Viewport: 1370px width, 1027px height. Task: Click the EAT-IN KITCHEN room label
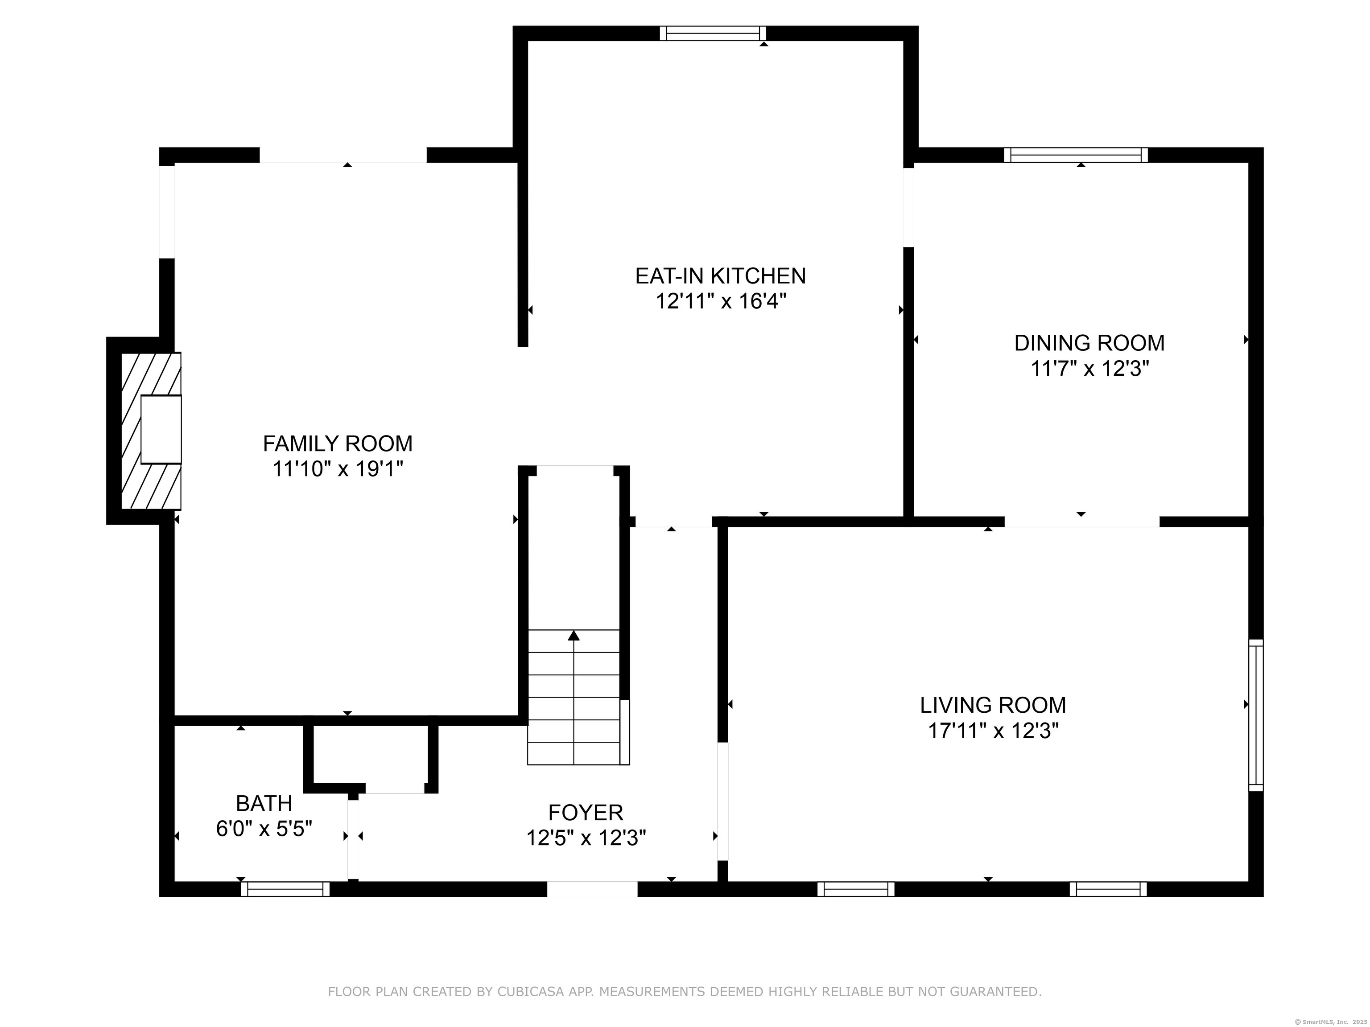pyautogui.click(x=720, y=275)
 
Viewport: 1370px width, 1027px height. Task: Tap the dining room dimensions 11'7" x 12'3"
pyautogui.click(x=1089, y=369)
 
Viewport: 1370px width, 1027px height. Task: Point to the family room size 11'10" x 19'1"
pyautogui.click(x=338, y=469)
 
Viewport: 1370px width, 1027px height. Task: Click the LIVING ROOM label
pyautogui.click(x=993, y=705)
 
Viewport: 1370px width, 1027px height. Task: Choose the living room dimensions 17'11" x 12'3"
pyautogui.click(x=993, y=731)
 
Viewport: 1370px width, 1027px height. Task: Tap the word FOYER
pyautogui.click(x=585, y=812)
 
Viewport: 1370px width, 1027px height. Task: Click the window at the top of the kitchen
pyautogui.click(x=712, y=33)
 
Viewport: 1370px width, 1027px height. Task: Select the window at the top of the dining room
pyautogui.click(x=1076, y=155)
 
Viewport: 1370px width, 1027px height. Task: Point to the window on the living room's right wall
pyautogui.click(x=1255, y=715)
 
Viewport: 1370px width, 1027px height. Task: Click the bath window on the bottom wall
pyautogui.click(x=285, y=889)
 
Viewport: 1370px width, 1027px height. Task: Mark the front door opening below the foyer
pyautogui.click(x=592, y=889)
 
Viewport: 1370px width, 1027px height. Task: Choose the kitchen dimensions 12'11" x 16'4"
pyautogui.click(x=720, y=301)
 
